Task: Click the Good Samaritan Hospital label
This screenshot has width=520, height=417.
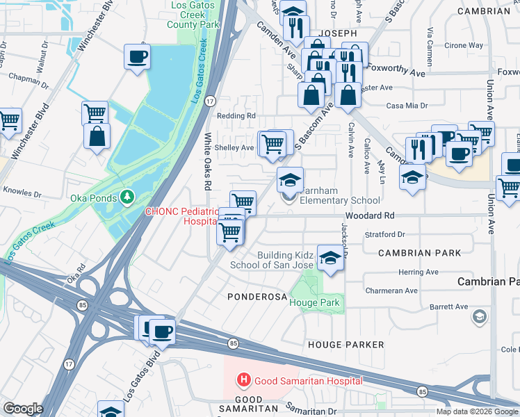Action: [x=308, y=380]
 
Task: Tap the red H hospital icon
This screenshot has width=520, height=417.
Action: [x=244, y=380]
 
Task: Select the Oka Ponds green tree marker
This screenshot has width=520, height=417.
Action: [x=127, y=197]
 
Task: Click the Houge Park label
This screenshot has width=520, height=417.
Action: [x=314, y=302]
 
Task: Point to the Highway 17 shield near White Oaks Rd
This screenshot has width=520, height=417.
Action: [x=209, y=101]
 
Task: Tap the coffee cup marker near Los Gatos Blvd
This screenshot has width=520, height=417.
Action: [x=163, y=332]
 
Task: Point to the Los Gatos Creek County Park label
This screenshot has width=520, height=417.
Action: [x=194, y=14]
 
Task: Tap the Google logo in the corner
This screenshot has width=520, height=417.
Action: [x=22, y=409]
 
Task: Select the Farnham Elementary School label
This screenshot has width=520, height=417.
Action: [x=341, y=200]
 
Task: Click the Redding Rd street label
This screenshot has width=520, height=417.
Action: [x=236, y=116]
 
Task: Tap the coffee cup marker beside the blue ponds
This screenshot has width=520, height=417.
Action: [x=137, y=56]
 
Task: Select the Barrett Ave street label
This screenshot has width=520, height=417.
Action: [x=448, y=306]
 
